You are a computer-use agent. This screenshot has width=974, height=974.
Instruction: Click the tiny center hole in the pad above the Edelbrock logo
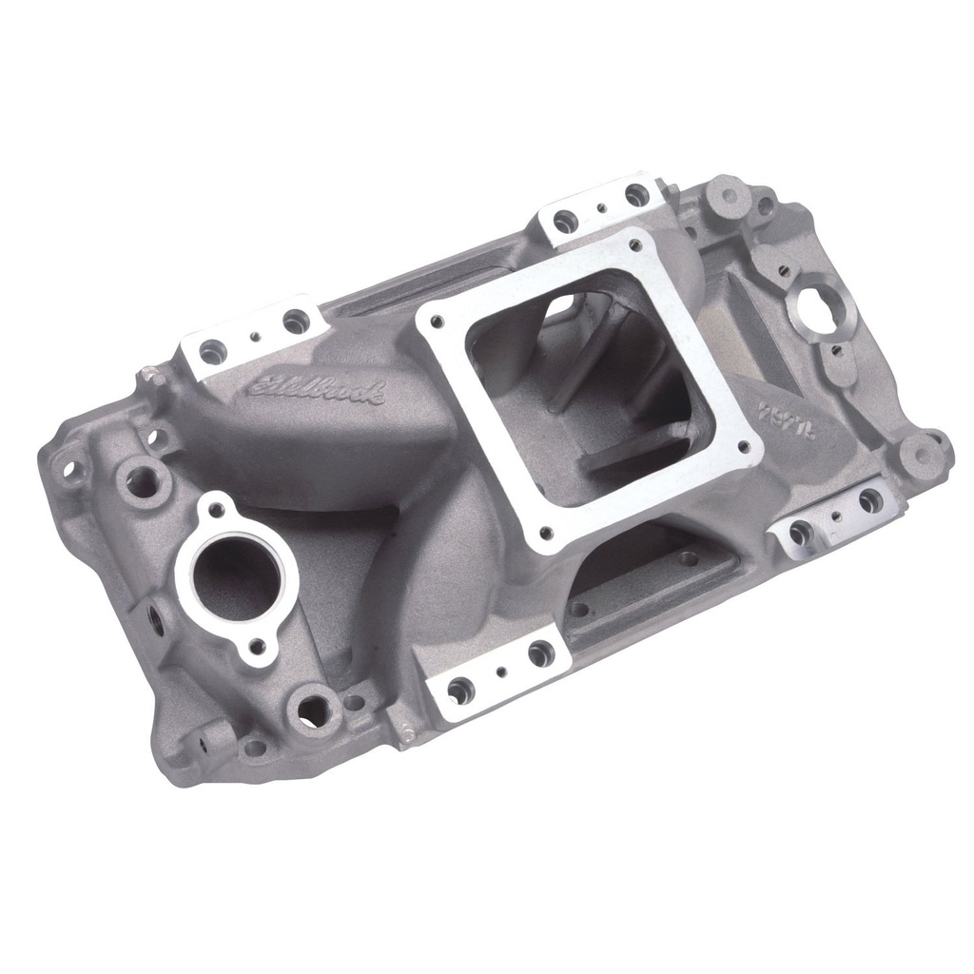pyautogui.click(x=254, y=336)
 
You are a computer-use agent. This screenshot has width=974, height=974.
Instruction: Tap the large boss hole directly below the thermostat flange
pyautogui.click(x=311, y=705)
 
